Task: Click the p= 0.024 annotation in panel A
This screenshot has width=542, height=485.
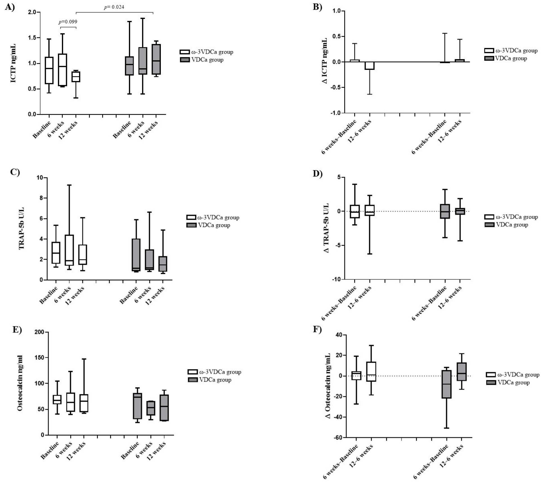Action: pyautogui.click(x=114, y=7)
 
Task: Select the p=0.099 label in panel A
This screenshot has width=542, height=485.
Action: pyautogui.click(x=68, y=22)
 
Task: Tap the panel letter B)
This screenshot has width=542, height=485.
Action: pyautogui.click(x=318, y=7)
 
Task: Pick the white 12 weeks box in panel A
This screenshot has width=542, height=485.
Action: pyautogui.click(x=76, y=77)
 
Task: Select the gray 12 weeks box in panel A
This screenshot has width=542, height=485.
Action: pyautogui.click(x=156, y=59)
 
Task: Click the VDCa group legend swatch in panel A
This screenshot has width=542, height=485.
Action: pyautogui.click(x=184, y=60)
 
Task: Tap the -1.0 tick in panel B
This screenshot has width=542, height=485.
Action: pyautogui.click(x=335, y=113)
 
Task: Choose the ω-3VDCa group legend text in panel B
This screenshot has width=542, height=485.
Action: pyautogui.click(x=516, y=51)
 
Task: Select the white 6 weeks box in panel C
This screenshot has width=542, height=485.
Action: pyautogui.click(x=69, y=250)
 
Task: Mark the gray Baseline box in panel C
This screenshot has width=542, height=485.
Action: pyautogui.click(x=136, y=255)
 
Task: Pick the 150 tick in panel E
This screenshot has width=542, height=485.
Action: pyautogui.click(x=40, y=358)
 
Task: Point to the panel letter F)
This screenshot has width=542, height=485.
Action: pyautogui.click(x=317, y=329)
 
